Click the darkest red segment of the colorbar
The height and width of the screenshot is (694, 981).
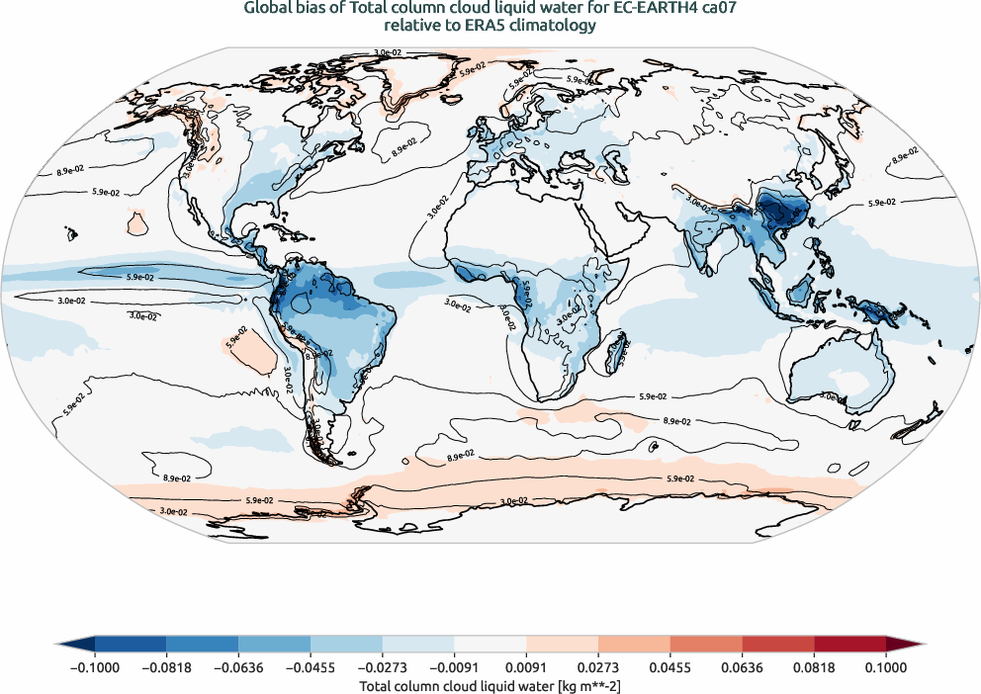(849, 645)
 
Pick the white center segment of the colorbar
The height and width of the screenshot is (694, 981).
(490, 645)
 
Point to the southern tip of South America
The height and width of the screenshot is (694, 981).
(322, 457)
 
